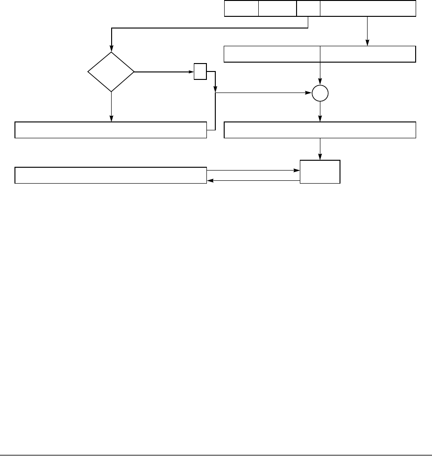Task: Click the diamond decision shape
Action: point(111,72)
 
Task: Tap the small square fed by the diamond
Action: point(200,72)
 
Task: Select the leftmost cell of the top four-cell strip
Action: point(241,9)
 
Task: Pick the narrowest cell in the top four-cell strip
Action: point(308,9)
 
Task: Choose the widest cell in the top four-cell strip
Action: point(368,9)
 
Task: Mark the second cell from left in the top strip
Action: point(277,9)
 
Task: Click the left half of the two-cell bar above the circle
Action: point(272,54)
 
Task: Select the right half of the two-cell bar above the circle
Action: point(368,54)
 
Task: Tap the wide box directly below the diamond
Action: point(111,130)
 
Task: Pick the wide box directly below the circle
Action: point(320,130)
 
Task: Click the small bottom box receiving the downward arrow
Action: point(320,171)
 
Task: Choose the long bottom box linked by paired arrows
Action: point(111,175)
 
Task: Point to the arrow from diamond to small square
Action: point(163,72)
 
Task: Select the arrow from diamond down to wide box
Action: point(111,107)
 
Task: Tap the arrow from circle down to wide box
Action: point(320,112)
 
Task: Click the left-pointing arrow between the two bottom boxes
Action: point(252,179)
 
